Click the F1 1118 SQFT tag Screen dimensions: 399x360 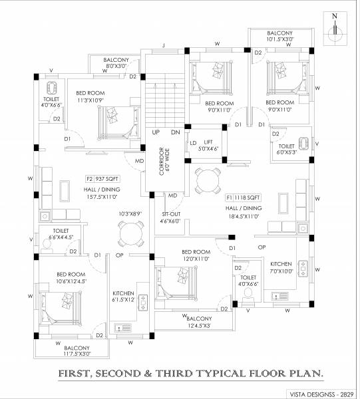pos(244,198)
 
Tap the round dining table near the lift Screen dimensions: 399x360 pos(206,178)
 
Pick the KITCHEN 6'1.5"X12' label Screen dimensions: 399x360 pos(124,295)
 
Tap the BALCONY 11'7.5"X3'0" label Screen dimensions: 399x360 pos(77,351)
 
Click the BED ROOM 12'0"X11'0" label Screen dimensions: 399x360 pos(196,255)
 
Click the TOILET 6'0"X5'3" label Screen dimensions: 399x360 pos(287,150)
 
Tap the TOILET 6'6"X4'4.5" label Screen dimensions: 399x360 pos(57,234)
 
